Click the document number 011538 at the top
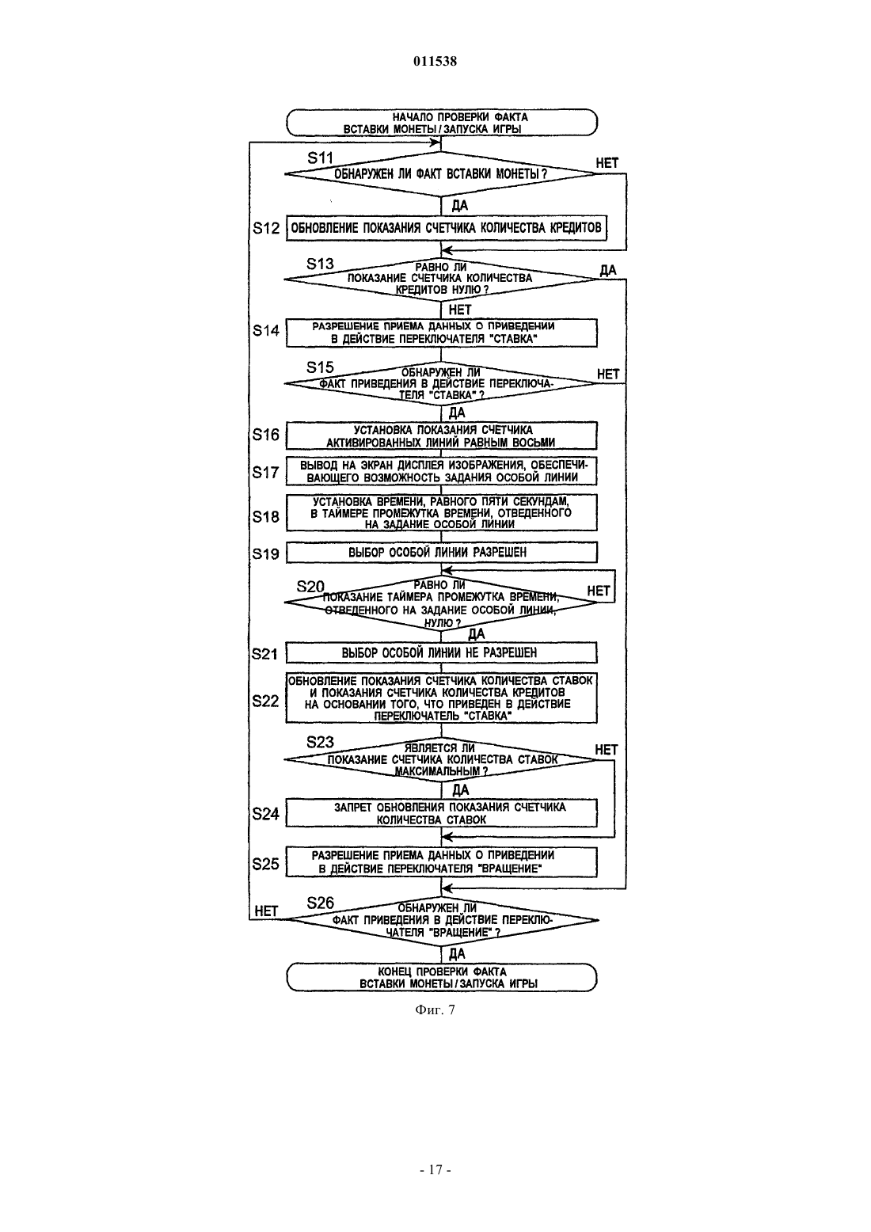click(435, 61)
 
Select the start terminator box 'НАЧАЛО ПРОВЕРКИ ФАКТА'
click(442, 123)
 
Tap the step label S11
click(321, 158)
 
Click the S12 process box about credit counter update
click(447, 228)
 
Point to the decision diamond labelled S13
click(441, 279)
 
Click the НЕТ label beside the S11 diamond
click(607, 163)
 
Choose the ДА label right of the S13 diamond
click(607, 270)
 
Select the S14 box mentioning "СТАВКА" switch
click(442, 333)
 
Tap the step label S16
click(266, 435)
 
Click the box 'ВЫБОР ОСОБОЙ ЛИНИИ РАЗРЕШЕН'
click(442, 552)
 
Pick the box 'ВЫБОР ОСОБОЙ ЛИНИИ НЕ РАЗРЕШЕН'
click(442, 653)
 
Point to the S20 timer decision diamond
click(441, 603)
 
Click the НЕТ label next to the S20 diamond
click(599, 591)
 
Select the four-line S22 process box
click(442, 698)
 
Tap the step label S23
click(320, 742)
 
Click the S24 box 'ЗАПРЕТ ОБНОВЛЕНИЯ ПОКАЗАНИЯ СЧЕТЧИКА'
click(442, 813)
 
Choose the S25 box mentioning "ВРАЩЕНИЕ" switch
click(442, 862)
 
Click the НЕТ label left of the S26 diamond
click(266, 911)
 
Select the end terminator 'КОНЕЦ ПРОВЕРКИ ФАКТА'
click(442, 977)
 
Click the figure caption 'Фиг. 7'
click(435, 1010)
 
